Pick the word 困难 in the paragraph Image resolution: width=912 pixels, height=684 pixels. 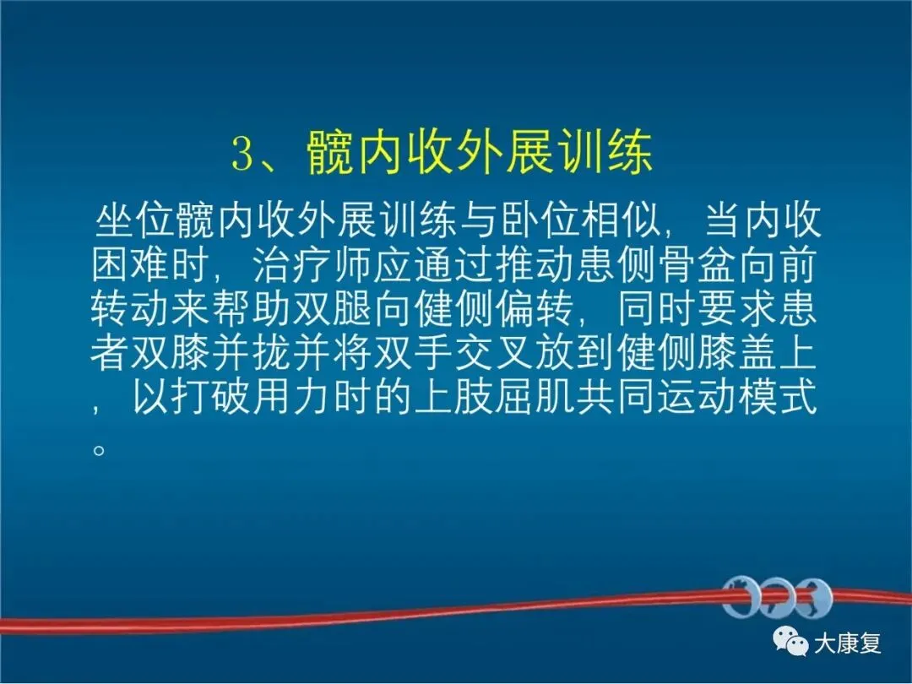[131, 264]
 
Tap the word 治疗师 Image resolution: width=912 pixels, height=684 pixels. [313, 264]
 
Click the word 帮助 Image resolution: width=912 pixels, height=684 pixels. [252, 309]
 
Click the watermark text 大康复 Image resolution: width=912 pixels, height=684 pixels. [848, 643]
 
